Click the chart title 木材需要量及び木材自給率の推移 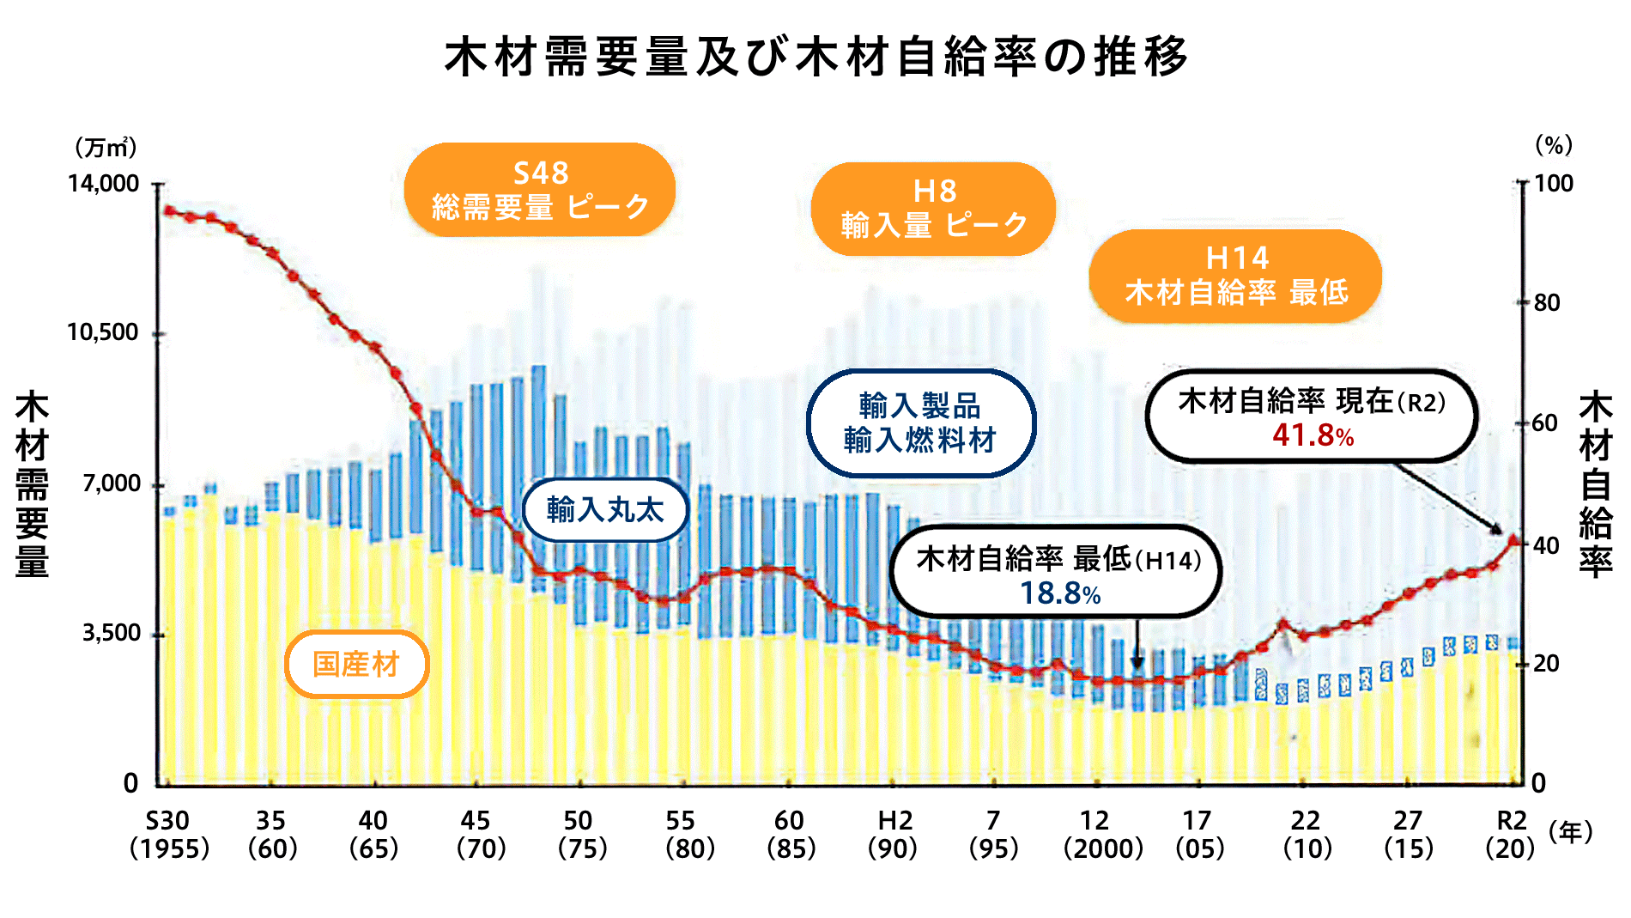coord(815,57)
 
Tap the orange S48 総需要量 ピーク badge coord(540,190)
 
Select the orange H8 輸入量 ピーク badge coord(933,209)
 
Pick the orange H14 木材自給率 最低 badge coord(1235,276)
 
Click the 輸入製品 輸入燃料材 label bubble coord(920,423)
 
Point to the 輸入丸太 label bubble coord(605,510)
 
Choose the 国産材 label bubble coord(356,664)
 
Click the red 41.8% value coord(1313,435)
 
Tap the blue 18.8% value coord(1059,593)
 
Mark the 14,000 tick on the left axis coord(104,183)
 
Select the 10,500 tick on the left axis coord(103,332)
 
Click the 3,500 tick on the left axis coord(112,633)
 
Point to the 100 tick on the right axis coord(1553,183)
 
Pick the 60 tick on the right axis coord(1546,423)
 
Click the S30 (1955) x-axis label coord(169,834)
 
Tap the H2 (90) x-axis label coord(893,834)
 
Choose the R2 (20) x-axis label coord(1510,834)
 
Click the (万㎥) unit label coord(106,148)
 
